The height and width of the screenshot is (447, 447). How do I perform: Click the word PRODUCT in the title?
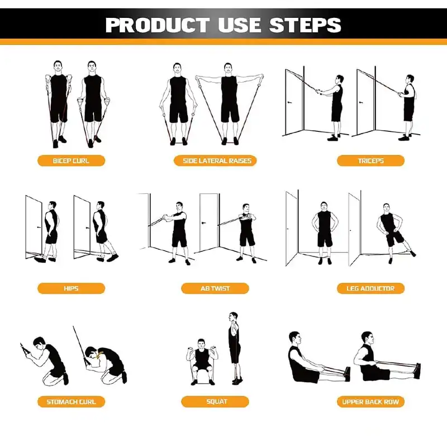pos(158,25)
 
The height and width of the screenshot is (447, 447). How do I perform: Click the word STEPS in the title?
pos(305,25)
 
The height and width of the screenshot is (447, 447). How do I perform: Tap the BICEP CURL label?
pos(72,161)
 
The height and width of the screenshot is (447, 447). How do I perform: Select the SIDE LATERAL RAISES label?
pos(215,161)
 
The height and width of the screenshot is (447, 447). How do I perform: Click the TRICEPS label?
pos(370,161)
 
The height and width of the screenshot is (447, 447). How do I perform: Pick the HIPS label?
pos(72,288)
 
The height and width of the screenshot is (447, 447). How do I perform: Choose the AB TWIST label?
pos(215,288)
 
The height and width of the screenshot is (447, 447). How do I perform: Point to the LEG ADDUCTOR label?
pos(370,288)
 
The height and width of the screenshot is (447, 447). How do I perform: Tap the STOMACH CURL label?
pos(72,402)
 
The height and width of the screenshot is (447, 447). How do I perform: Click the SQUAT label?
pos(215,402)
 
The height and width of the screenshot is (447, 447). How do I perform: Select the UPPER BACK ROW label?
pos(370,402)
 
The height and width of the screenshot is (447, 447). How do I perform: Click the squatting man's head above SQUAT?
pos(201,344)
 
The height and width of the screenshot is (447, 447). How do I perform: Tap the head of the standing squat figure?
pos(233,316)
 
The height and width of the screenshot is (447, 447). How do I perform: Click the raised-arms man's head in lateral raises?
pos(228,68)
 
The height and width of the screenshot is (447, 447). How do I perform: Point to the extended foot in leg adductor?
pos(412,253)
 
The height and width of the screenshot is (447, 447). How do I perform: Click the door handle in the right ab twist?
pos(203,222)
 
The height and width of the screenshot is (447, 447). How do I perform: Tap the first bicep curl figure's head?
pos(58,66)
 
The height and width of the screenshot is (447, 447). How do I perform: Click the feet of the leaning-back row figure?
pos(417,370)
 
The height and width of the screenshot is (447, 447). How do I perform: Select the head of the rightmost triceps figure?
pos(410,79)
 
